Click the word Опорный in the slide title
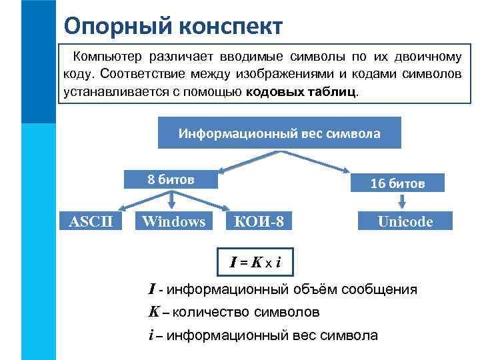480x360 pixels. coord(107,26)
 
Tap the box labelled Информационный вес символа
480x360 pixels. coord(279,133)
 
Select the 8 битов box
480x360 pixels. coord(171,179)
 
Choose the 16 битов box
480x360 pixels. coord(397,183)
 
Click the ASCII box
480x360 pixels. coord(91,221)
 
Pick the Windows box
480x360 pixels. coord(173,221)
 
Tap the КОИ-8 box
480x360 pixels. coord(259,221)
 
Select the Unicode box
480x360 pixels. coord(405,221)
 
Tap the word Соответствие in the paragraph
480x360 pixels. coord(130,74)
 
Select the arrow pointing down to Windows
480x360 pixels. coord(172,199)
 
